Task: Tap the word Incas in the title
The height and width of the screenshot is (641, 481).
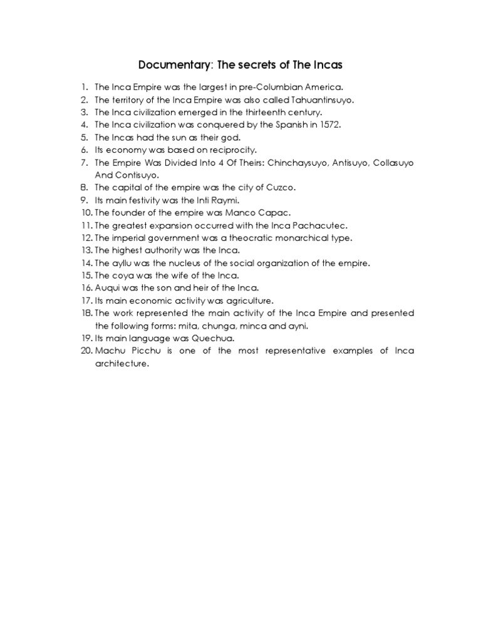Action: pos(324,64)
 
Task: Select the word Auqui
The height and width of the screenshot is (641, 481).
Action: pos(107,288)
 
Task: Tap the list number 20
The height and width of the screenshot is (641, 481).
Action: pos(86,351)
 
